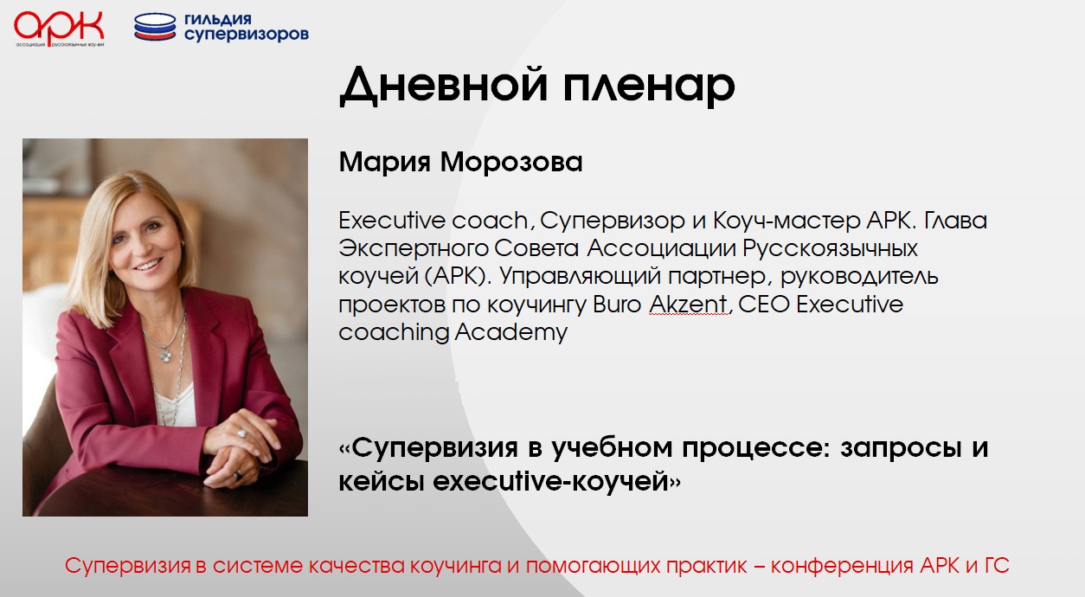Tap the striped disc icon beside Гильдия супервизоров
pyautogui.click(x=155, y=27)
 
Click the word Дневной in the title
pyautogui.click(x=444, y=86)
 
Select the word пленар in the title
pyautogui.click(x=649, y=86)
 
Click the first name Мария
pyautogui.click(x=384, y=162)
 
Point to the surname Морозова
pyautogui.click(x=511, y=162)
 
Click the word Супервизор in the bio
pyautogui.click(x=613, y=221)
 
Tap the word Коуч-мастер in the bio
pyautogui.click(x=786, y=221)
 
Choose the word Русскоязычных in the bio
pyautogui.click(x=830, y=249)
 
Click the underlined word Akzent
pyautogui.click(x=688, y=305)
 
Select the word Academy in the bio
pyautogui.click(x=510, y=333)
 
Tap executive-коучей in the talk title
pyautogui.click(x=551, y=481)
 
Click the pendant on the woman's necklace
pyautogui.click(x=166, y=356)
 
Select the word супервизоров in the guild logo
pyautogui.click(x=247, y=35)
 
